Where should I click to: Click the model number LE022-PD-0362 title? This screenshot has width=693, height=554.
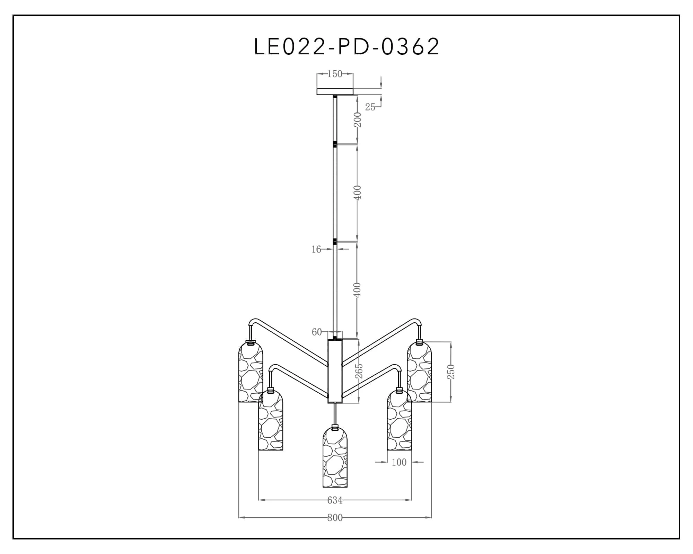point(346,46)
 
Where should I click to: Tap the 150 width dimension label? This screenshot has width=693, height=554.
point(335,74)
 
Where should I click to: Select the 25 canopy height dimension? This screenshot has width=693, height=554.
point(370,107)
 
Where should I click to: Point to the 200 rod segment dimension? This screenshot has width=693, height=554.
point(358,120)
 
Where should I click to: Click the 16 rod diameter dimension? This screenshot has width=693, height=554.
point(316,249)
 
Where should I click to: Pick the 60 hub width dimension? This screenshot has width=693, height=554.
point(317,332)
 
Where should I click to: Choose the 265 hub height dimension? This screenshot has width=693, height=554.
point(359,371)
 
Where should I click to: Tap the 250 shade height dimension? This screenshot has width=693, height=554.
point(451,372)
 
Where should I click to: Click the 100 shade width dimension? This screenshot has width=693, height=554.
point(399,462)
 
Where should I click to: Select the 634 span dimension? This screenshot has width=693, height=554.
point(335,500)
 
